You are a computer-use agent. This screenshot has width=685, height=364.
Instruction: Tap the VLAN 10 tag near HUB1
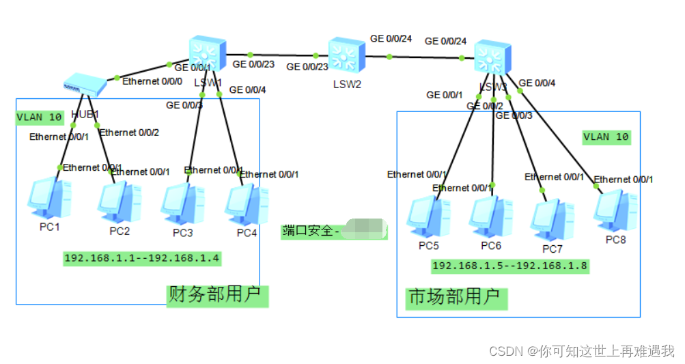tap(39, 117)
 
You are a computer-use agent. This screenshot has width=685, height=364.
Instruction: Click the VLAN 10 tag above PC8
tap(606, 137)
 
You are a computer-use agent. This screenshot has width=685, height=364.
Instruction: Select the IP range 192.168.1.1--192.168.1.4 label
tap(142, 259)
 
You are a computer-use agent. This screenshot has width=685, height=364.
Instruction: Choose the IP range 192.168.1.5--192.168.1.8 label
tap(509, 266)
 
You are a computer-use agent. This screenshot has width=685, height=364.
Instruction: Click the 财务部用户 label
tap(217, 296)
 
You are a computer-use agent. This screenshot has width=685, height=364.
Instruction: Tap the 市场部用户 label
tap(453, 298)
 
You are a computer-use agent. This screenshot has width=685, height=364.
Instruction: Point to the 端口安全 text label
tap(311, 231)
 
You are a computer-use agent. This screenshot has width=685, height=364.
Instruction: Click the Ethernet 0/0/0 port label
tap(152, 81)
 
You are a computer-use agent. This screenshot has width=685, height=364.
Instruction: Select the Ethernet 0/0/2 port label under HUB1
tap(129, 132)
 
